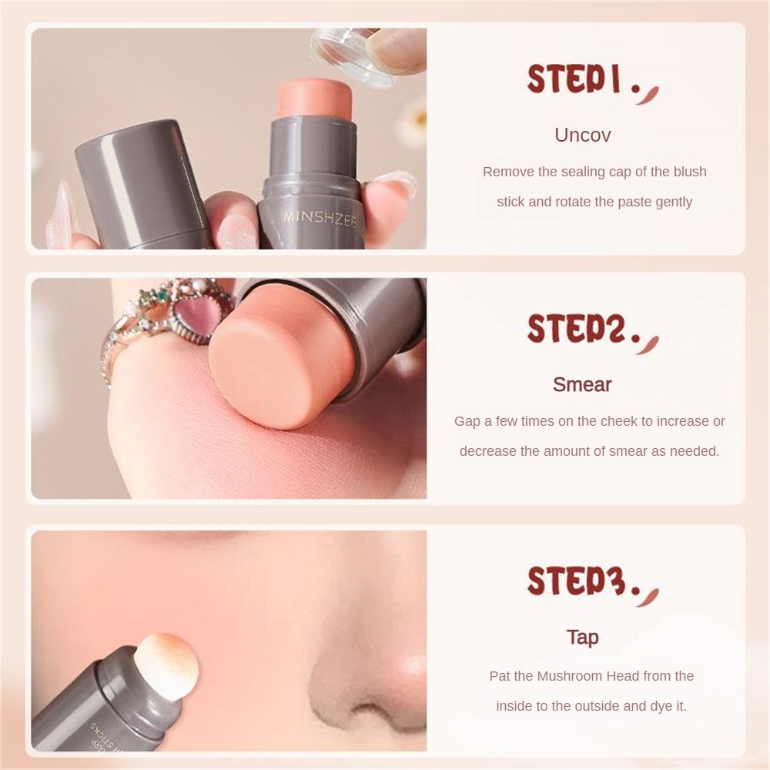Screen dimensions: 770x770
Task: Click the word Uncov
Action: (583, 135)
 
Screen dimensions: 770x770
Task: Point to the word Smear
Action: (582, 384)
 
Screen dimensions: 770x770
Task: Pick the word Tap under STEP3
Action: (583, 638)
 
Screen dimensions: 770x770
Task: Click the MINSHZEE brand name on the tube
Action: (320, 218)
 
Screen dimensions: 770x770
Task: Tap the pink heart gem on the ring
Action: (193, 324)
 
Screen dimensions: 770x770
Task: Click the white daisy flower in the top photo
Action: (417, 119)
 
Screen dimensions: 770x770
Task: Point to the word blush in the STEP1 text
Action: (690, 172)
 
